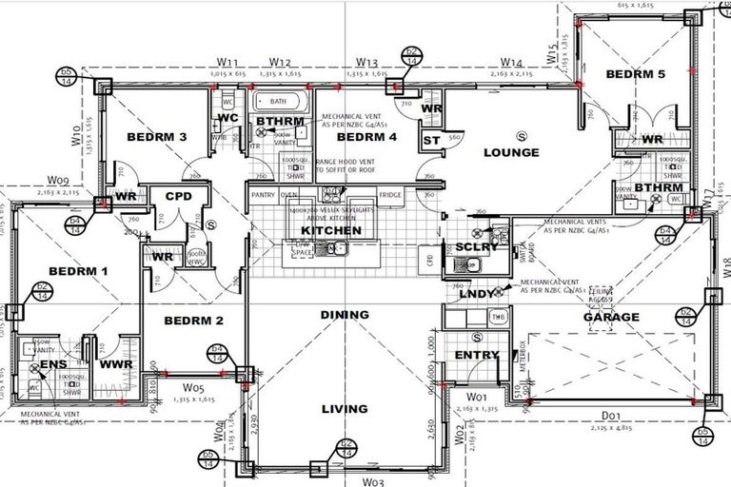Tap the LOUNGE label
click(x=511, y=152)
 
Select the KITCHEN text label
click(x=330, y=230)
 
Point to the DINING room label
click(x=344, y=315)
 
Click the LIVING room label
click(x=344, y=410)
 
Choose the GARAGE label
click(x=611, y=317)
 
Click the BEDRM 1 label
click(x=78, y=271)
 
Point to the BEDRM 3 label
click(x=156, y=138)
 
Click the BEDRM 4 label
click(x=367, y=138)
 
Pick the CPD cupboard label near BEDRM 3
click(x=179, y=197)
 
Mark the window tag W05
click(x=195, y=388)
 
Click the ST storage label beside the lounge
click(x=430, y=140)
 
